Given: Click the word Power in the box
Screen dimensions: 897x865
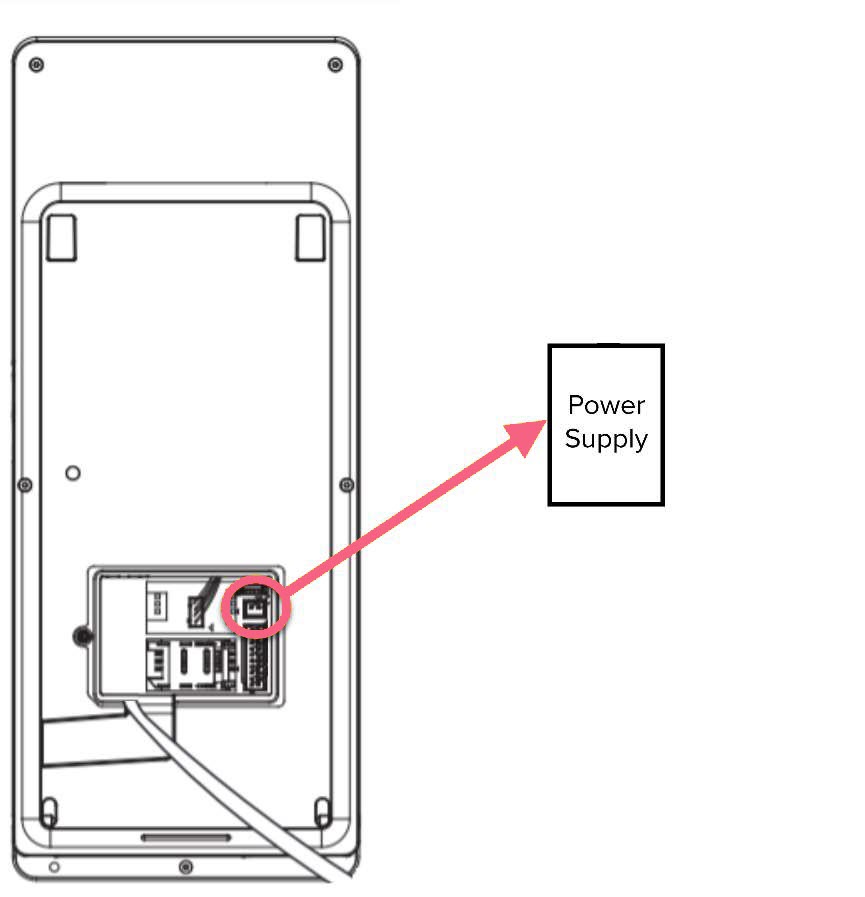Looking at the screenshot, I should click(x=606, y=405).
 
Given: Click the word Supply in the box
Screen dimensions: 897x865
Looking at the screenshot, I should click(x=606, y=439).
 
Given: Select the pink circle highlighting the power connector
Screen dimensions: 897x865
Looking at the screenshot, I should click(x=254, y=606).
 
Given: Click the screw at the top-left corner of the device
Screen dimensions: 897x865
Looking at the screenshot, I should click(x=37, y=65).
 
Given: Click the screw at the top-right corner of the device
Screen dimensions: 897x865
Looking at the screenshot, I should click(x=335, y=65).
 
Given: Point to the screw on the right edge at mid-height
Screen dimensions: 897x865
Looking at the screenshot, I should click(x=346, y=485).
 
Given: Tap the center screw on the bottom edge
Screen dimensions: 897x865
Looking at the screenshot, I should click(x=185, y=866).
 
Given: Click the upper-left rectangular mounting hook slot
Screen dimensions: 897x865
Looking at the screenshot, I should click(x=62, y=236).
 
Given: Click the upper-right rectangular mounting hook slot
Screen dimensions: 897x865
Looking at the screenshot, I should click(x=309, y=236).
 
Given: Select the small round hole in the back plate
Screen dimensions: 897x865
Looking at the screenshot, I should click(x=72, y=472).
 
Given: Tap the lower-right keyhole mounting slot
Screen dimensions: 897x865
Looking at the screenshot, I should click(x=321, y=809).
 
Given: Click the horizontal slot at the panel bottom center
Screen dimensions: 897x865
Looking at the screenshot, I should click(x=185, y=836).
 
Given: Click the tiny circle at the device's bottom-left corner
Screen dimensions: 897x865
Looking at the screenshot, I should click(x=54, y=866).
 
